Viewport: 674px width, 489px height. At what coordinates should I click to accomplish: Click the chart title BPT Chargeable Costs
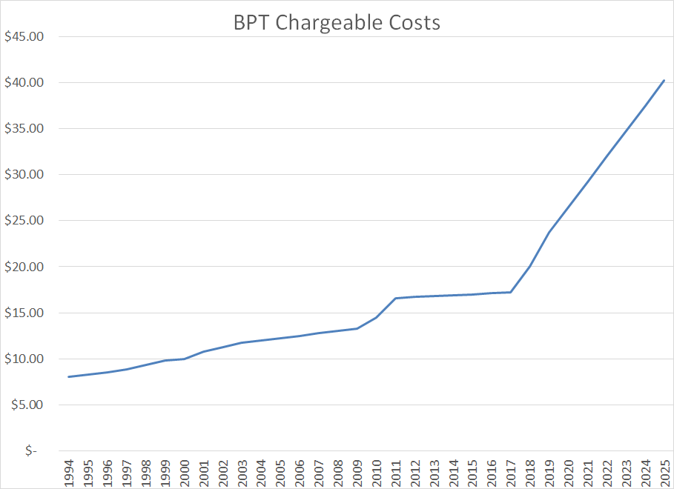[337, 23]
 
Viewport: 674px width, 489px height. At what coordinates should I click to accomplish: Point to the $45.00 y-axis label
[24, 36]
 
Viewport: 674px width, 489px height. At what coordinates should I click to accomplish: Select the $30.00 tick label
[24, 175]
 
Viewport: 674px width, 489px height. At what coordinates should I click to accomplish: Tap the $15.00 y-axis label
[24, 313]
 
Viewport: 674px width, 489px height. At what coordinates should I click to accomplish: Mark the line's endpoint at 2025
[664, 80]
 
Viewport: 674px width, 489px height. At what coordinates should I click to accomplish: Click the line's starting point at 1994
[69, 377]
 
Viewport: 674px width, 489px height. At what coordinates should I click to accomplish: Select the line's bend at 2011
[395, 299]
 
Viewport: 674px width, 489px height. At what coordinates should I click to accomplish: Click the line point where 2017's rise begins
[510, 292]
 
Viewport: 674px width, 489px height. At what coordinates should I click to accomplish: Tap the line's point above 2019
[549, 232]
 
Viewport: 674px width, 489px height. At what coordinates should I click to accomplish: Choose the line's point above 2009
[357, 328]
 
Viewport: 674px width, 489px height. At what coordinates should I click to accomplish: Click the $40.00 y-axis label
[24, 82]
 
